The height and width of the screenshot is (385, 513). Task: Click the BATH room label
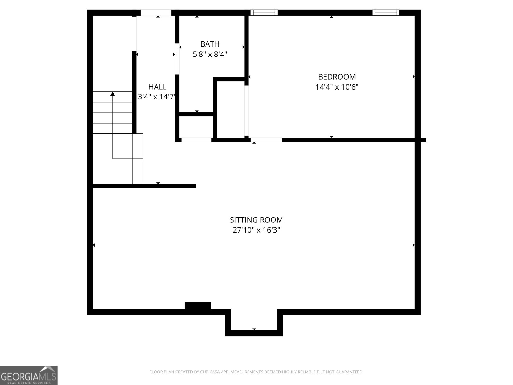[x=210, y=44]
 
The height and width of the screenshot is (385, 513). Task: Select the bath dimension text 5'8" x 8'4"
[x=210, y=54]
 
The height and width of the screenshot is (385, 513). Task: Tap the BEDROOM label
[x=337, y=77]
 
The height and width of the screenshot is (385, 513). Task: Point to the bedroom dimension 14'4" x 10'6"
[x=337, y=87]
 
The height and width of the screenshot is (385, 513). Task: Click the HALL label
[x=157, y=87]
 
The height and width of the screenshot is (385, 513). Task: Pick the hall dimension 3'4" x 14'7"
[x=156, y=97]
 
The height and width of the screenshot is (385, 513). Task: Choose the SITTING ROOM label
[x=256, y=220]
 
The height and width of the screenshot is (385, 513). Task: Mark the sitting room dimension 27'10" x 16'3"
[x=256, y=230]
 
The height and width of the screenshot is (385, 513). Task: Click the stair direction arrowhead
[x=113, y=94]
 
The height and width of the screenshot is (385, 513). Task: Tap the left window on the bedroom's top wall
[x=264, y=13]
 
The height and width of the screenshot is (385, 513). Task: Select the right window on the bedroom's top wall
[x=386, y=13]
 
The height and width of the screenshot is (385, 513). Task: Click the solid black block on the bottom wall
[x=198, y=305]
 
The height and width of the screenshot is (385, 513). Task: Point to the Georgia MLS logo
[x=29, y=375]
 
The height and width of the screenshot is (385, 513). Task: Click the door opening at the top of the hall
[x=156, y=13]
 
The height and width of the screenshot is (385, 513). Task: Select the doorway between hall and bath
[x=177, y=59]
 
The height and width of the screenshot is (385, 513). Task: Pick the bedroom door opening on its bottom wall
[x=266, y=140]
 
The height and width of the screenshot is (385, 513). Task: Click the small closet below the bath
[x=196, y=127]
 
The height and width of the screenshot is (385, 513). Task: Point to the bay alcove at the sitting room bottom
[x=254, y=322]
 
